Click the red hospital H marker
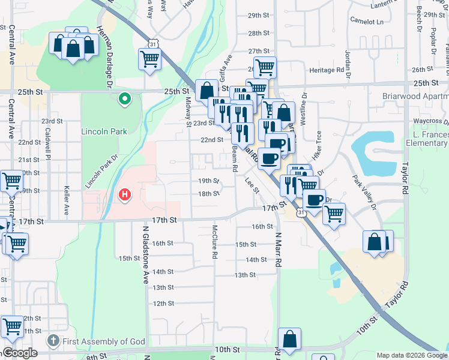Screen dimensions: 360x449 [125, 194]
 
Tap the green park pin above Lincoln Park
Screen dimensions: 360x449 [125, 99]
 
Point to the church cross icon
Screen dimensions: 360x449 [53, 341]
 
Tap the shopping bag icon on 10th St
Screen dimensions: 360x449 [289, 338]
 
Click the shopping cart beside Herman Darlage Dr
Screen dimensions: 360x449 [149, 59]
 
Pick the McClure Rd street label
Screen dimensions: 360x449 [214, 242]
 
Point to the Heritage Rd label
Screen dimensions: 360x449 [327, 70]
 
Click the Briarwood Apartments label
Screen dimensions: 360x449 [416, 96]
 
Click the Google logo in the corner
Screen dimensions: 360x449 [19, 353]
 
